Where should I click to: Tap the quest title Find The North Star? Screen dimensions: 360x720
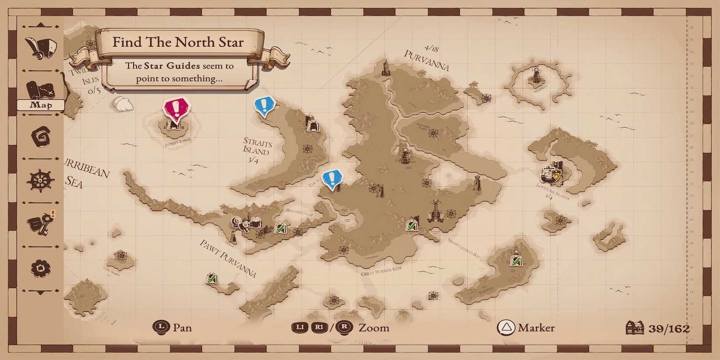(x=178, y=42)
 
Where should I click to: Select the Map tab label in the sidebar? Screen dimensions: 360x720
(x=41, y=105)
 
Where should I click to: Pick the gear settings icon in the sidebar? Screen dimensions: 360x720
(x=41, y=267)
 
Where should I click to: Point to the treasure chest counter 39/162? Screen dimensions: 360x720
(x=658, y=328)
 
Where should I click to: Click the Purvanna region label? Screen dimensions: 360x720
(x=426, y=60)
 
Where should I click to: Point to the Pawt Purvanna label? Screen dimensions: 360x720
(x=228, y=258)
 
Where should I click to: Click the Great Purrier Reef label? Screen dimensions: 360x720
(x=381, y=271)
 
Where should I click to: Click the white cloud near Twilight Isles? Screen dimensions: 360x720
(x=123, y=104)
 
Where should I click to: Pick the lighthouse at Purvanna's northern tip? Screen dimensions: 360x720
(x=385, y=69)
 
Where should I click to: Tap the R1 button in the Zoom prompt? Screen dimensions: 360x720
(x=319, y=327)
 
